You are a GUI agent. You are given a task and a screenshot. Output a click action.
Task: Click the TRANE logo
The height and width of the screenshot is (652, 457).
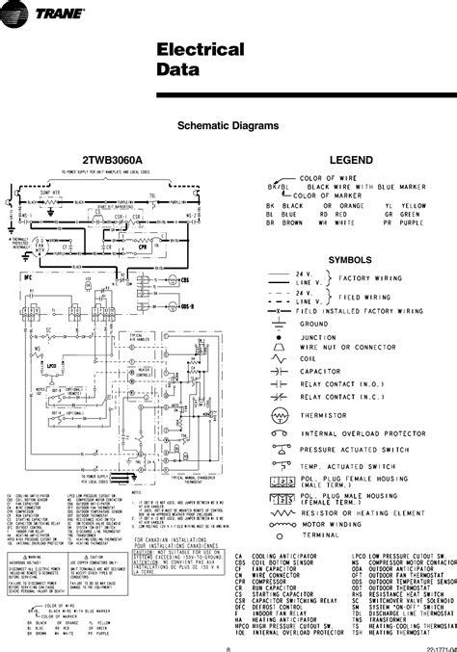[38, 12]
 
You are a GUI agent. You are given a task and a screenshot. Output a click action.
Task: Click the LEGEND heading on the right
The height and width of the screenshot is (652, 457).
[345, 156]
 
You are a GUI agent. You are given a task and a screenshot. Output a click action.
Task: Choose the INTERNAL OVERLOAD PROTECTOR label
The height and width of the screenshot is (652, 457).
[357, 434]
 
